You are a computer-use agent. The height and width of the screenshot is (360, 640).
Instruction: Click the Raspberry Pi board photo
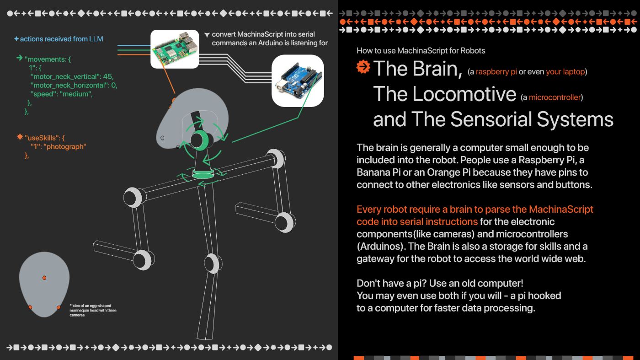175,49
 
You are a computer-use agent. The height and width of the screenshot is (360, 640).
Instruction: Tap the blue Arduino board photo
298,81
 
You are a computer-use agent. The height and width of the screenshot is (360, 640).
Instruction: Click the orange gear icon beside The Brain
363,67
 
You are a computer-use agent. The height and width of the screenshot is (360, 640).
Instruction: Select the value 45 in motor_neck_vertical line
108,77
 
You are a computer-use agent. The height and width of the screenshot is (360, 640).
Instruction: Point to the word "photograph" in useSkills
65,147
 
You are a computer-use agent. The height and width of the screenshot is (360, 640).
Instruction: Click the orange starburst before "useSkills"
20,137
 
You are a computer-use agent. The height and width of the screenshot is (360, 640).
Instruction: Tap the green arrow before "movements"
19,58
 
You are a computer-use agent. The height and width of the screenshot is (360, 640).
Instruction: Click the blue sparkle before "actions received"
16,38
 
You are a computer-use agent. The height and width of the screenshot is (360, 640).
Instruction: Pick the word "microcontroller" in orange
555,97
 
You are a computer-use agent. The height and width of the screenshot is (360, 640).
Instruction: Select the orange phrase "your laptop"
565,72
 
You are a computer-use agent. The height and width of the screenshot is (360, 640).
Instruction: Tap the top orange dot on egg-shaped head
44,278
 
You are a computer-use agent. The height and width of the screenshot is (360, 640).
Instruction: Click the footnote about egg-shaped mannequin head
93,310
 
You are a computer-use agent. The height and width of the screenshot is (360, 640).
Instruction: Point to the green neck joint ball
200,140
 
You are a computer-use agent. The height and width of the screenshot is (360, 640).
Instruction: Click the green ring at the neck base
203,174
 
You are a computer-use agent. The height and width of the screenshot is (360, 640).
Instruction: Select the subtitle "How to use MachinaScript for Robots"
421,51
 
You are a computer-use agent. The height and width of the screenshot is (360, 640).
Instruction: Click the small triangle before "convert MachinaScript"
207,35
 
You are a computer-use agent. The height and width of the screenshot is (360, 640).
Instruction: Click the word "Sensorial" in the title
491,119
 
